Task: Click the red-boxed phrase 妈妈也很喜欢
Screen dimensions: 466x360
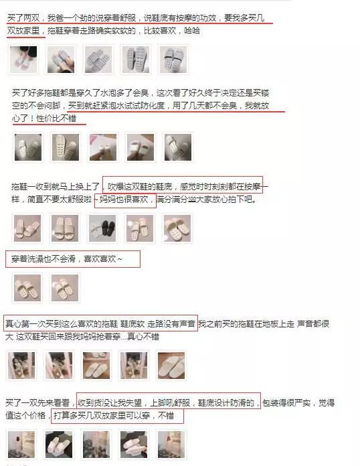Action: pyautogui.click(x=125, y=200)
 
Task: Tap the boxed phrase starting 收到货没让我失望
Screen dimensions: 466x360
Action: pyautogui.click(x=168, y=402)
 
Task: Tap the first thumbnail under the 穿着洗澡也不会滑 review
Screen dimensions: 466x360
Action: pyautogui.click(x=27, y=288)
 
